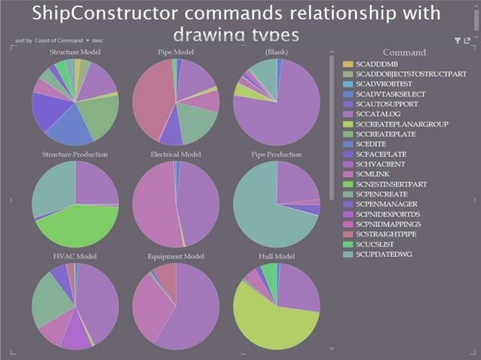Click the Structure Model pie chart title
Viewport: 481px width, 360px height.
tap(75, 52)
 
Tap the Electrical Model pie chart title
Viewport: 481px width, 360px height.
tap(176, 154)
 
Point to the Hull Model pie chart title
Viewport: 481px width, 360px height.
tap(276, 256)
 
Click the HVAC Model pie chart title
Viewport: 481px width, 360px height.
tap(75, 256)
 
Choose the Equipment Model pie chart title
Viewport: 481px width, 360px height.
tap(176, 256)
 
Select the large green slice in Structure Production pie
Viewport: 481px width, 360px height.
tap(79, 226)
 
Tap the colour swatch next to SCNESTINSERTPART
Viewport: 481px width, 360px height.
tap(348, 183)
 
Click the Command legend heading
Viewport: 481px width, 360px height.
tap(404, 53)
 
